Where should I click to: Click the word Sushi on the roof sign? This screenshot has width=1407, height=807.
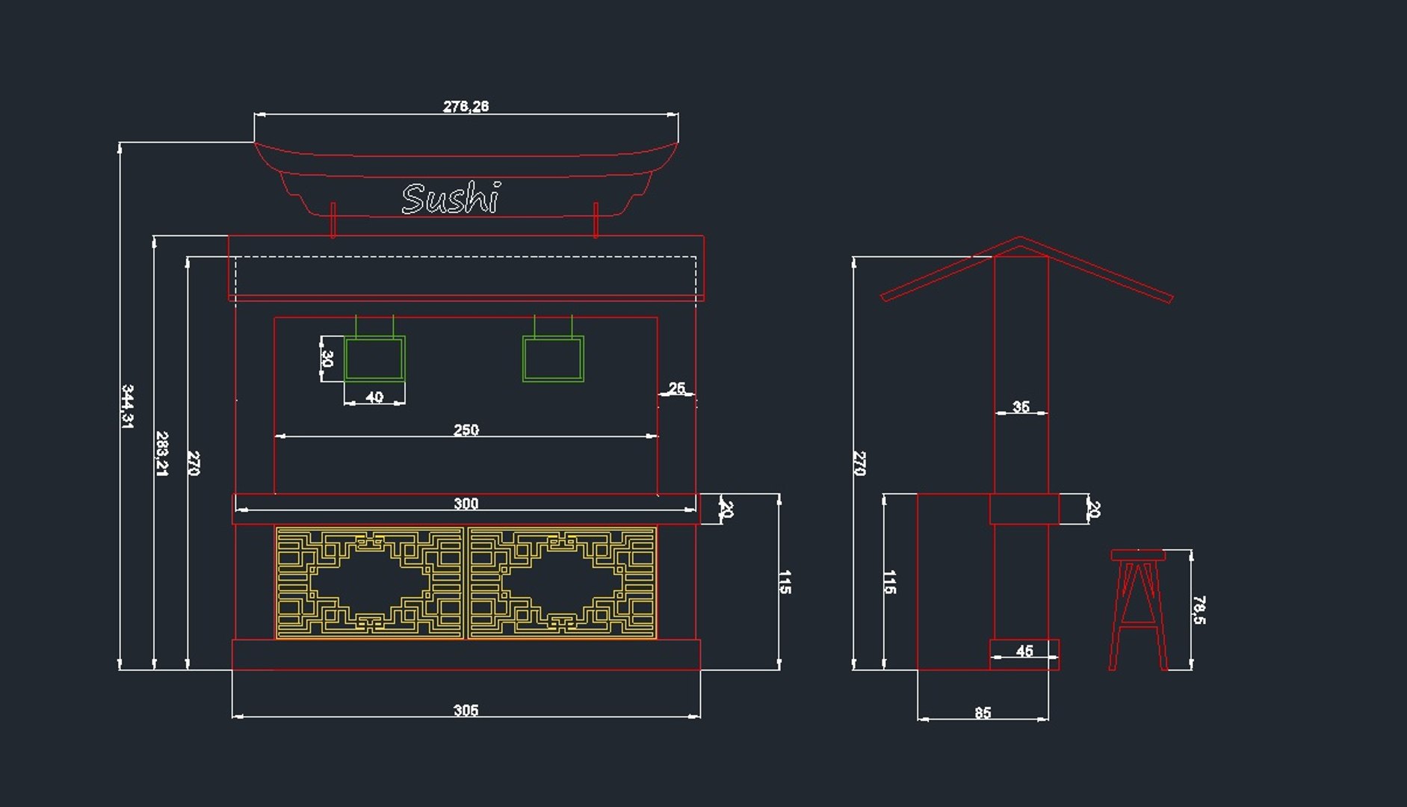pyautogui.click(x=451, y=199)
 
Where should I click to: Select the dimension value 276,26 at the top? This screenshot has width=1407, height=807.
pyautogui.click(x=466, y=106)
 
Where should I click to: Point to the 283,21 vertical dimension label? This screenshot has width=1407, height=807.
pyautogui.click(x=161, y=453)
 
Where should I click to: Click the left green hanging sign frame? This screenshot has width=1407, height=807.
pyautogui.click(x=374, y=359)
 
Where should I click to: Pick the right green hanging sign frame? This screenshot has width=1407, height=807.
pyautogui.click(x=553, y=359)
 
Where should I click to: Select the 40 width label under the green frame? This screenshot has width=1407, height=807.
pyautogui.click(x=374, y=397)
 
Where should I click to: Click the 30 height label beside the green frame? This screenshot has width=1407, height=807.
pyautogui.click(x=327, y=359)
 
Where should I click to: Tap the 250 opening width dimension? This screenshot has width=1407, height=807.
pyautogui.click(x=466, y=430)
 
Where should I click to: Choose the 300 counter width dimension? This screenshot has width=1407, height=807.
pyautogui.click(x=466, y=504)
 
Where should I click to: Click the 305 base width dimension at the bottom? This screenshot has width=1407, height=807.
pyautogui.click(x=466, y=710)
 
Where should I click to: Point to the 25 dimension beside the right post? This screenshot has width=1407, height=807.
pyautogui.click(x=676, y=388)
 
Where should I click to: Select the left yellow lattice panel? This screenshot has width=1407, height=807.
pyautogui.click(x=370, y=583)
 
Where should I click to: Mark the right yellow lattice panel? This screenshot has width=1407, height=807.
pyautogui.click(x=562, y=583)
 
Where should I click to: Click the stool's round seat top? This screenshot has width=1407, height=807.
pyautogui.click(x=1137, y=555)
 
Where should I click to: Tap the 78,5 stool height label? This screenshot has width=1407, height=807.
pyautogui.click(x=1199, y=610)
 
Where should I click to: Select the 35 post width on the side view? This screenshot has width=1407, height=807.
pyautogui.click(x=1021, y=406)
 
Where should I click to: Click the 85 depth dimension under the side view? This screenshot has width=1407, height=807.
pyautogui.click(x=983, y=713)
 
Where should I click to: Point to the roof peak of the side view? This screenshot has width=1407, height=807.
pyautogui.click(x=1020, y=239)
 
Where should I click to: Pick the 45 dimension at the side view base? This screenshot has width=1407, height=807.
pyautogui.click(x=1024, y=651)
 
